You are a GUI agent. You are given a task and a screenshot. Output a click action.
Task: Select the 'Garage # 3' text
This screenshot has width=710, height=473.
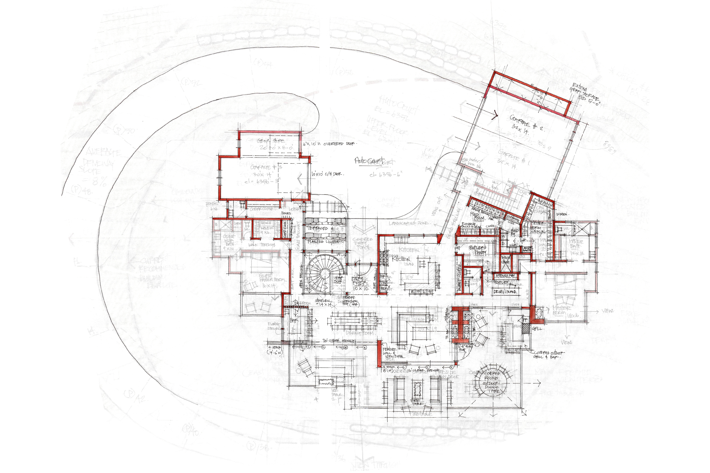coord(266,167)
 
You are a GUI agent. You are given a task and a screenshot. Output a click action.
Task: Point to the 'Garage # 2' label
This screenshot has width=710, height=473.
coord(527,122)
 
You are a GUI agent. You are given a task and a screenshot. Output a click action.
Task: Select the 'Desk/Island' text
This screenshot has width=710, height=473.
coord(505,292)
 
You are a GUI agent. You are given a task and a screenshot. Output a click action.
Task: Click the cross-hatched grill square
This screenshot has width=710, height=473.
coord(526,328)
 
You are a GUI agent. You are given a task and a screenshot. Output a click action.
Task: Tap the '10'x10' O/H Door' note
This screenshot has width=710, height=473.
coord(327,174)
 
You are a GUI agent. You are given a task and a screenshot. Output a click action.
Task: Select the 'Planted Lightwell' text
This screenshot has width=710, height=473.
coord(325,242)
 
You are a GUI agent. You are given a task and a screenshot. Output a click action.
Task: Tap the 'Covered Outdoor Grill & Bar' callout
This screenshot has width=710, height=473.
coord(548,355)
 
